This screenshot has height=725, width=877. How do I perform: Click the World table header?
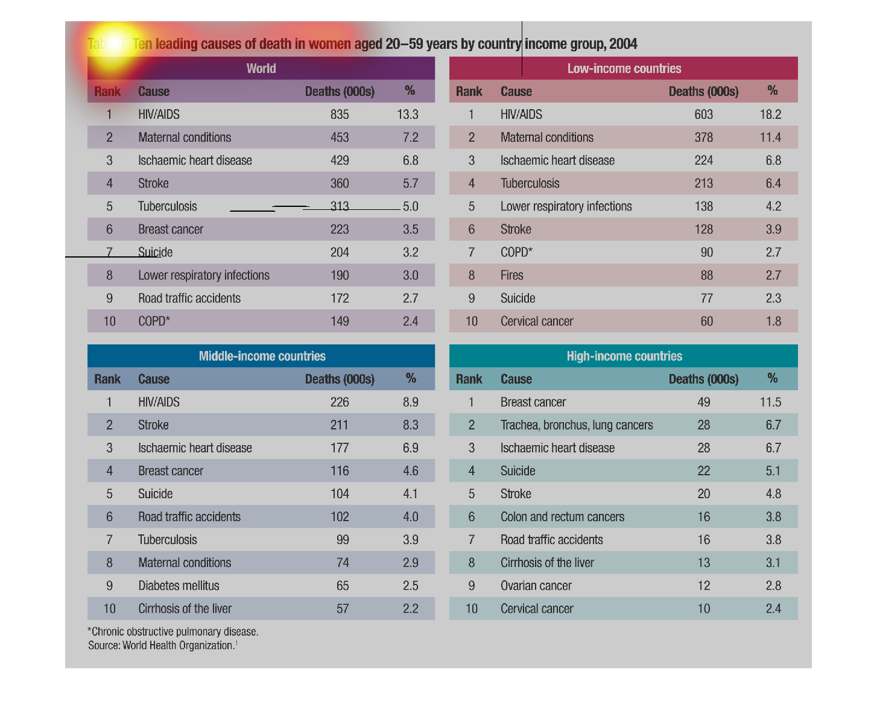261,69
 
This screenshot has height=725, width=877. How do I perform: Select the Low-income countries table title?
624,69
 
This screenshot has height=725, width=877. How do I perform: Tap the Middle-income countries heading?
262,356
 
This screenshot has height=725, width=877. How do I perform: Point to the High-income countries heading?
624,356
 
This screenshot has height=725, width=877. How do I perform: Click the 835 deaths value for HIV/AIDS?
340,115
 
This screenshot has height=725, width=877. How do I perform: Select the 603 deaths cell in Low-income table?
703,115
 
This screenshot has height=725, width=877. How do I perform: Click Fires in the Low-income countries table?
512,276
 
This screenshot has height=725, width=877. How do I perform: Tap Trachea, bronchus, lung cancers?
577,425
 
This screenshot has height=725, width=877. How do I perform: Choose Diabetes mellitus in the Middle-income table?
179,586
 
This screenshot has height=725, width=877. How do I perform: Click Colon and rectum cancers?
562,517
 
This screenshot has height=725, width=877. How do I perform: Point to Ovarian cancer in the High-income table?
536,586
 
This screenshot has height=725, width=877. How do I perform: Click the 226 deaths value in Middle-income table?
340,402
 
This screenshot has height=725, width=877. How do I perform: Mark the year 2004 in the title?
623,44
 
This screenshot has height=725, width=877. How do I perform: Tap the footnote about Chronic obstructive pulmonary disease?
173,632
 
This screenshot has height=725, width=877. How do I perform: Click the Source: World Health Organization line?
163,645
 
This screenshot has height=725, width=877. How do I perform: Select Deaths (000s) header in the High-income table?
703,379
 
